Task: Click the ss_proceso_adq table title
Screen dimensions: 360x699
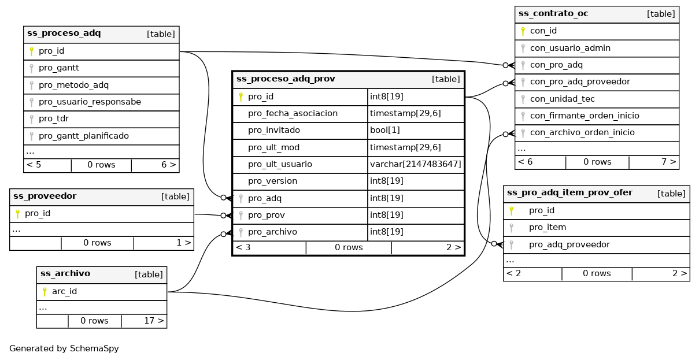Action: click(64, 34)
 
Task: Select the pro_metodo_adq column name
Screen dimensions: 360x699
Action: click(73, 85)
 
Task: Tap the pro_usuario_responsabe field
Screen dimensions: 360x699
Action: click(90, 102)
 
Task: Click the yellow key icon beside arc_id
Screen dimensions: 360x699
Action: click(45, 292)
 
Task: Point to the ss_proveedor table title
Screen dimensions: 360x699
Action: click(45, 196)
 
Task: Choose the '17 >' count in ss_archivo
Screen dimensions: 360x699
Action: click(153, 321)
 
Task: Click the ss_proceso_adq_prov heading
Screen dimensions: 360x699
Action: click(286, 79)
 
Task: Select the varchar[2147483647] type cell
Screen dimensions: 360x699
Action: click(415, 164)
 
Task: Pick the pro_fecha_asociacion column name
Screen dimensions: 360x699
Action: click(293, 113)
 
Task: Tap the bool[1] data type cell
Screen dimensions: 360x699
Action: click(384, 130)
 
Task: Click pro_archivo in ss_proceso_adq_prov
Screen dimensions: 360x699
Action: click(272, 232)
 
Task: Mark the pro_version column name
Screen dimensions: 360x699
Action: click(272, 181)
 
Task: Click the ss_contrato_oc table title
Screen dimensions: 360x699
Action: click(553, 14)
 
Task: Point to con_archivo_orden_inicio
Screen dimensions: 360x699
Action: click(582, 132)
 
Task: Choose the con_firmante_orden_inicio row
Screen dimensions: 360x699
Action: click(585, 116)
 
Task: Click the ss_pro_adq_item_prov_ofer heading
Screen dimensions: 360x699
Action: click(569, 193)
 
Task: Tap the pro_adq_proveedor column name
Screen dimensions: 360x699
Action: click(569, 244)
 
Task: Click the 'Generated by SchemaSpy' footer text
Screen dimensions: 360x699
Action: click(64, 348)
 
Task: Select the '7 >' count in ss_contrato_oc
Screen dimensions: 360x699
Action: click(668, 162)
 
